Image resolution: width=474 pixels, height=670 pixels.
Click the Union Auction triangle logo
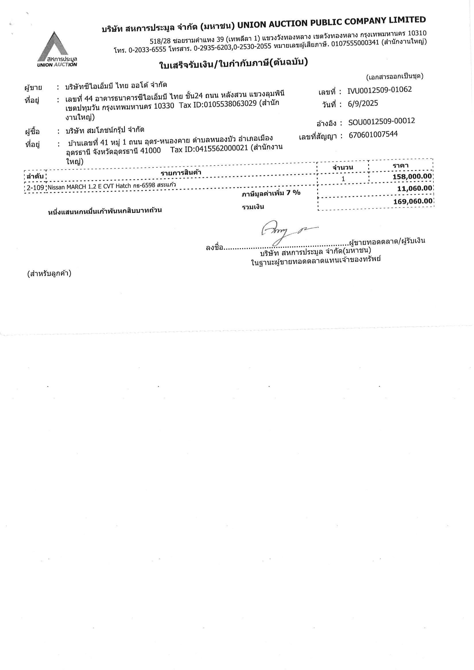coord(57,48)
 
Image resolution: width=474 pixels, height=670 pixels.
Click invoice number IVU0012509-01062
coord(379,90)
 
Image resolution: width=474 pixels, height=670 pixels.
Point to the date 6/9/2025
coord(363,104)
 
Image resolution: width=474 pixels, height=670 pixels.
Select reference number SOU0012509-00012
coord(382,121)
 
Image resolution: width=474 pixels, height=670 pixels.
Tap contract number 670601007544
coord(373,135)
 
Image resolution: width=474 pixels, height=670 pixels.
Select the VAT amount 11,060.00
coord(414,189)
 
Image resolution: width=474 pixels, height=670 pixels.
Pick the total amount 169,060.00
coord(413,201)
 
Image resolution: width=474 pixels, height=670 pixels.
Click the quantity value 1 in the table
coord(343,178)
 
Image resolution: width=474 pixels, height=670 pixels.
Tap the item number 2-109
coord(35,188)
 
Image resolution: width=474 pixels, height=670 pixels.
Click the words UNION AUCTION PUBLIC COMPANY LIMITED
coord(331,22)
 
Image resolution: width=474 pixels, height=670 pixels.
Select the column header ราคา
coord(401,166)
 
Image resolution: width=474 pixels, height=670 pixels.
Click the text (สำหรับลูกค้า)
coord(49,274)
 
